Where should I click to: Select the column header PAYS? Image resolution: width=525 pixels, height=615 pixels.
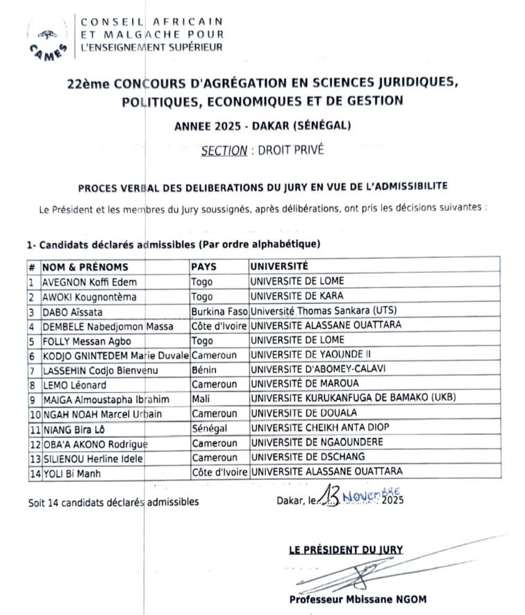203,267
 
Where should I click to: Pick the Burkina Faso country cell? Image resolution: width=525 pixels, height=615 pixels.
219,311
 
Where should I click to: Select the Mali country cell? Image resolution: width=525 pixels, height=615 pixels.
200,399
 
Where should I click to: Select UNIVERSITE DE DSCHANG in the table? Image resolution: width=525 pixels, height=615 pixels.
307,457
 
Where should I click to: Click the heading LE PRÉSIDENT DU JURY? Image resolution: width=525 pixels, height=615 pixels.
346,549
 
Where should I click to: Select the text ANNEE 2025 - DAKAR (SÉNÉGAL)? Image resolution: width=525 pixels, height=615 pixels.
262,126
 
